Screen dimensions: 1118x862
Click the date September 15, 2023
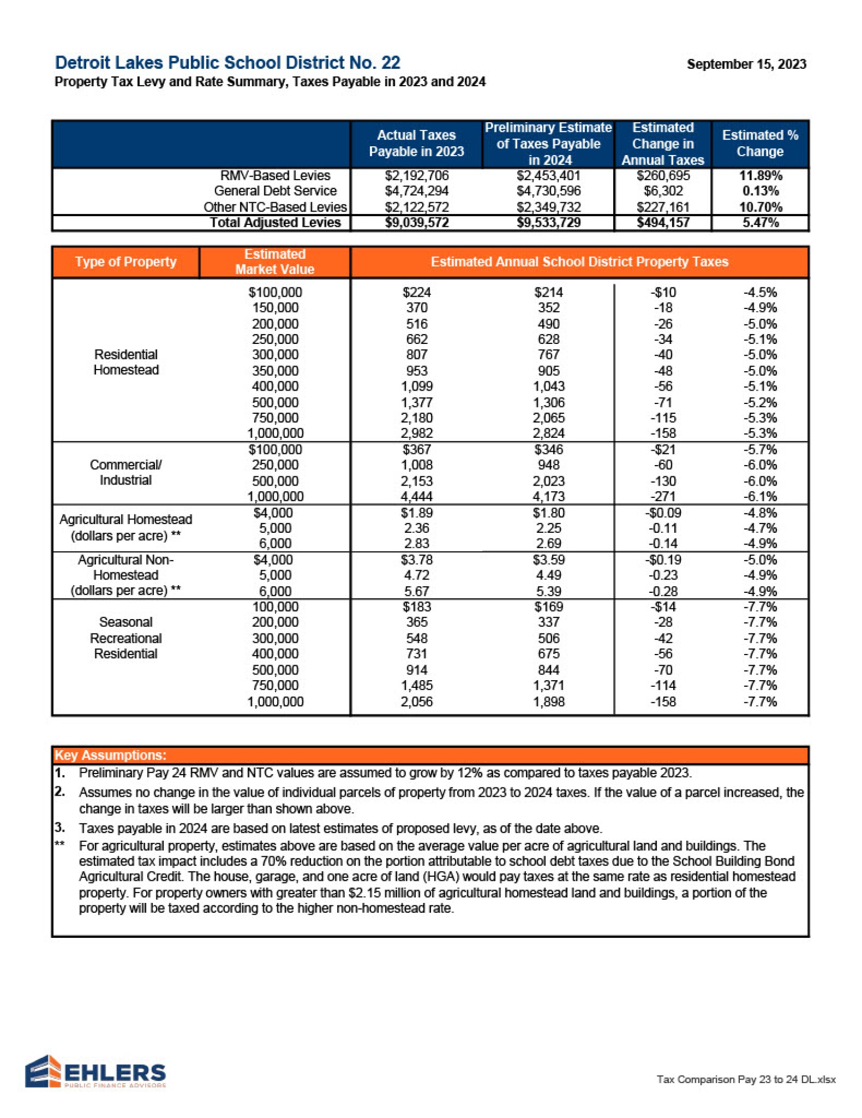746,64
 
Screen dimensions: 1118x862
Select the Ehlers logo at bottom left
95,1070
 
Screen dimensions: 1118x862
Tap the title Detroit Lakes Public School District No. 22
227,63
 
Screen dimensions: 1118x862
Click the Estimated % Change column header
759,143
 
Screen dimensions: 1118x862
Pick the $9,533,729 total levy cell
548,223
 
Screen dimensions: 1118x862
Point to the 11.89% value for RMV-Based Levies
760,176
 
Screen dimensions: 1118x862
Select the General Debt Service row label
275,191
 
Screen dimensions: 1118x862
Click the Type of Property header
126,262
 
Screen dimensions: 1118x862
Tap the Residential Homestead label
126,362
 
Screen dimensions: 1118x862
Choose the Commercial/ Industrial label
126,472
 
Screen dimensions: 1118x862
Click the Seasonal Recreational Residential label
126,638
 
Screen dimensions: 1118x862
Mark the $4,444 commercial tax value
416,496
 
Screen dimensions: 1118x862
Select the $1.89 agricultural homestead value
416,513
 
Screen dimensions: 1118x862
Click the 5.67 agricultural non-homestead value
416,591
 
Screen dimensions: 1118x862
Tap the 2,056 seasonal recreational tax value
416,701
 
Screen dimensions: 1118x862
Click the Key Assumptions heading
110,755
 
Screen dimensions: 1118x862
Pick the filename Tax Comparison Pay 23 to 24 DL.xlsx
746,1080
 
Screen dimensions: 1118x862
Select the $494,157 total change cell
662,223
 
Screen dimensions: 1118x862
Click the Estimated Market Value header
275,262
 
